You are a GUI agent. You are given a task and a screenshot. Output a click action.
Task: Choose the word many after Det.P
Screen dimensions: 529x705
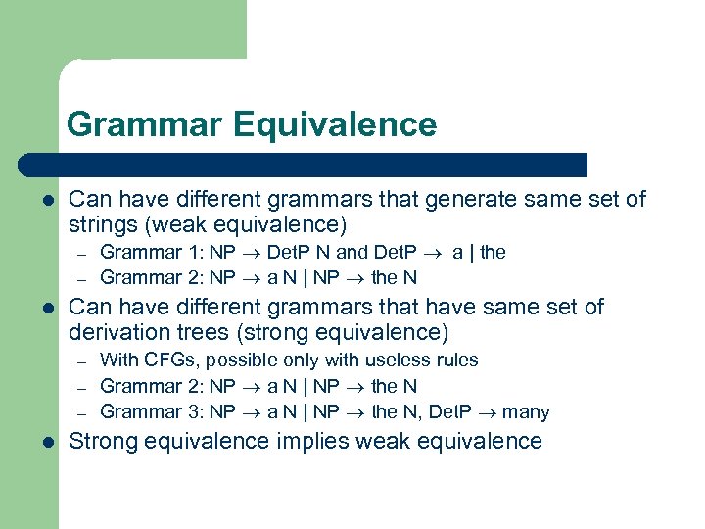(527, 412)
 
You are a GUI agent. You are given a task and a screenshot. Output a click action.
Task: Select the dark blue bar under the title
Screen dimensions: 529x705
(304, 165)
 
